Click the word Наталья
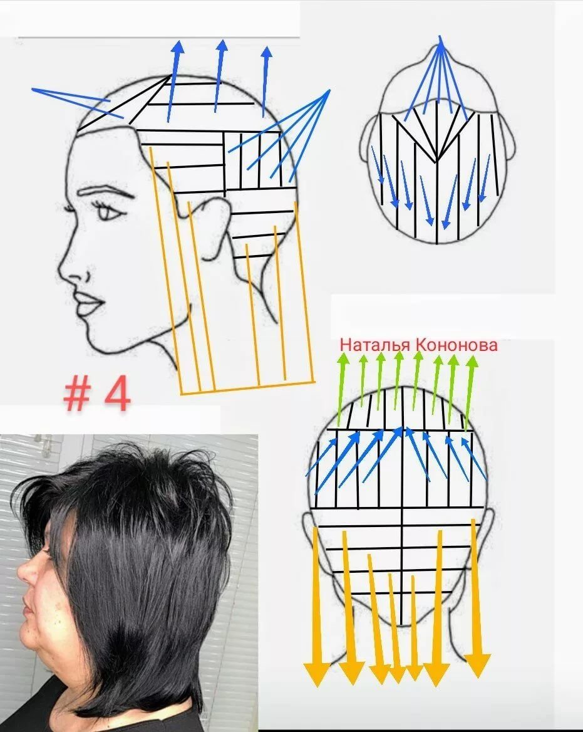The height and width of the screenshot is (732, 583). coord(375,345)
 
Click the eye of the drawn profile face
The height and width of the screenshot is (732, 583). coord(109,212)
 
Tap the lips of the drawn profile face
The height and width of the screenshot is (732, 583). coord(89,303)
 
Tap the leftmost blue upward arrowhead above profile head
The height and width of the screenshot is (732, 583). coord(178,49)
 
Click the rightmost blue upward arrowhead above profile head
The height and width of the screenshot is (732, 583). coord(267,52)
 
